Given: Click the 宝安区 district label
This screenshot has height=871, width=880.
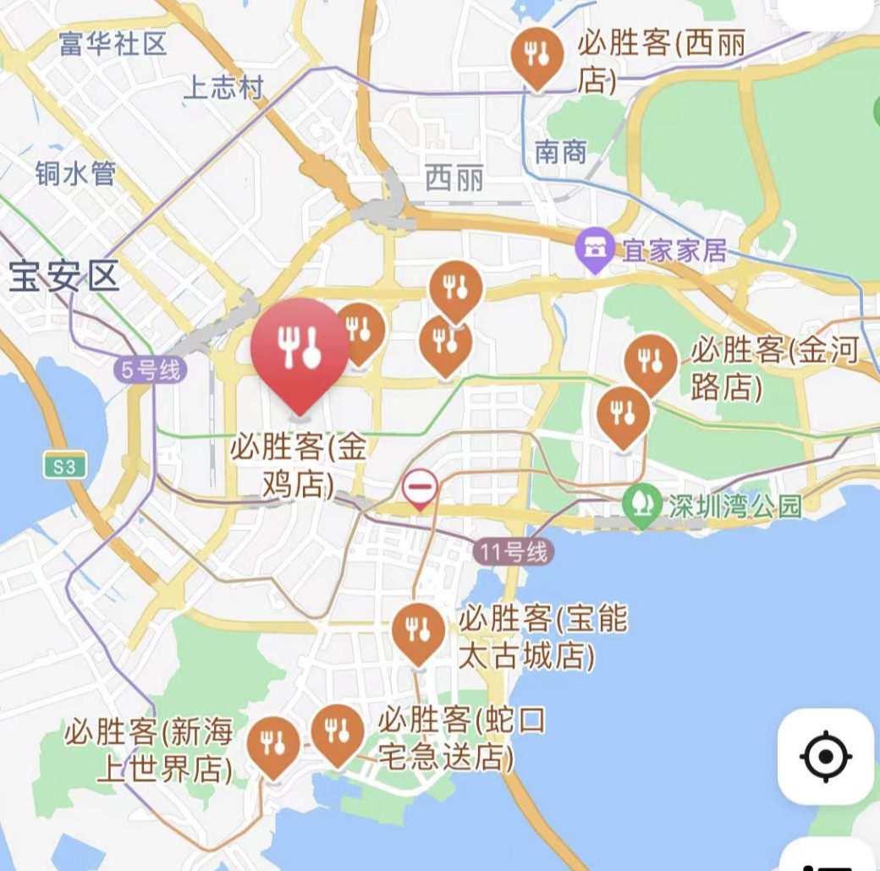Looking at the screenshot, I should click(64, 277).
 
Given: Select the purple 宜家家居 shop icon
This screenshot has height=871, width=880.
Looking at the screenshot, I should click(596, 249).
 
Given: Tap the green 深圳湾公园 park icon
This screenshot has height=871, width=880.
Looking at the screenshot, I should click(643, 507).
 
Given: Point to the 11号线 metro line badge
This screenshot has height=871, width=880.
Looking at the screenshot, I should click(514, 552).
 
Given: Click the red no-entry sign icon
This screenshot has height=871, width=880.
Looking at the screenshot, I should click(420, 488).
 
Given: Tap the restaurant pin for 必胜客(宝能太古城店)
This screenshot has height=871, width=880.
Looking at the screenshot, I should click(418, 630).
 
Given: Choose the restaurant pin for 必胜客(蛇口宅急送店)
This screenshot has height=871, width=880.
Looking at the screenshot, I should click(338, 731).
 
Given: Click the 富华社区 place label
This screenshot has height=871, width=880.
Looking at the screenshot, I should click(113, 43).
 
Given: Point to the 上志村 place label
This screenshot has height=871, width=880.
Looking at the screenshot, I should click(223, 88).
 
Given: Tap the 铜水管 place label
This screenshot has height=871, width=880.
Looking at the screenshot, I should click(75, 173).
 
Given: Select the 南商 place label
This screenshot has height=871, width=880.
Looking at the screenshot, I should click(561, 152).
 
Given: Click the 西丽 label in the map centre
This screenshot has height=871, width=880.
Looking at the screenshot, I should click(454, 178).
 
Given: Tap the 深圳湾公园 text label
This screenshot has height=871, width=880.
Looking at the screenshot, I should click(734, 507).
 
